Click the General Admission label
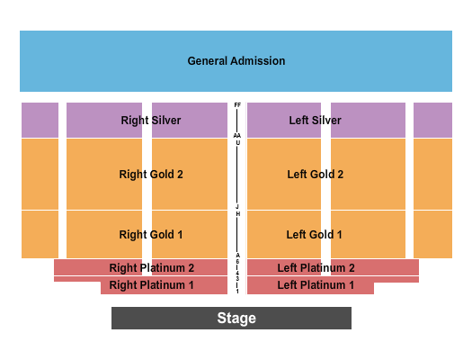[236, 61]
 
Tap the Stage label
[236, 318]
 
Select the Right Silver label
[151, 120]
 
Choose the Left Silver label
[315, 120]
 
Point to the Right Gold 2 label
[151, 174]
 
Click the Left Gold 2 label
[315, 174]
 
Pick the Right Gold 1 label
[151, 235]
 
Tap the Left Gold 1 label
[315, 235]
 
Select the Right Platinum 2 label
[152, 267]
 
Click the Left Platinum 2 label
[316, 267]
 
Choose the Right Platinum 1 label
[152, 285]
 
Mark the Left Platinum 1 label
[316, 285]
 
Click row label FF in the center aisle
[237, 105]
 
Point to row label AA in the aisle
[237, 136]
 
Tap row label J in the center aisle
[237, 206]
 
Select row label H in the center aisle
[237, 214]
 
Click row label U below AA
[237, 143]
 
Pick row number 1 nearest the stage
[237, 290]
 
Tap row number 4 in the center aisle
[237, 271]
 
